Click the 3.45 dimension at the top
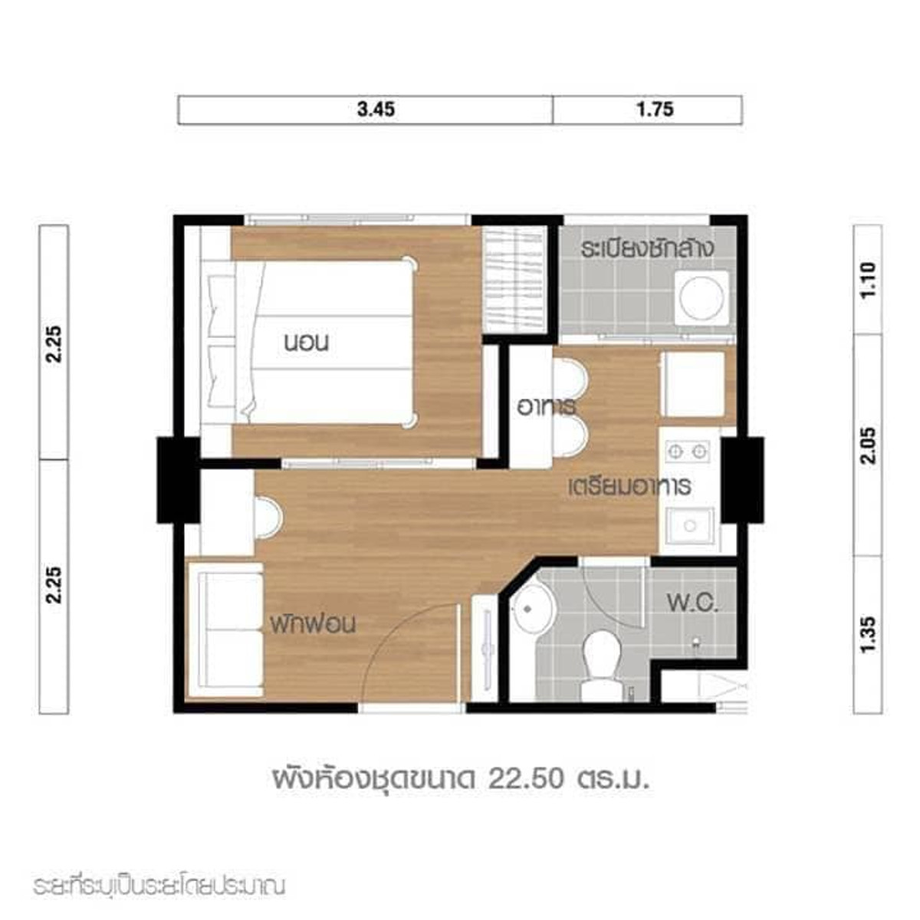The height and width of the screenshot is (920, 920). pyautogui.click(x=376, y=110)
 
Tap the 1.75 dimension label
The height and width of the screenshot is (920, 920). pyautogui.click(x=655, y=110)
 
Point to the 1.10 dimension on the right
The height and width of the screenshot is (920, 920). pyautogui.click(x=867, y=280)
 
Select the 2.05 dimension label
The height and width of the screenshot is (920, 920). pyautogui.click(x=867, y=445)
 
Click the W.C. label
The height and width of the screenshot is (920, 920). pyautogui.click(x=693, y=604)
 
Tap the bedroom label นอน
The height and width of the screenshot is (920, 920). pyautogui.click(x=306, y=343)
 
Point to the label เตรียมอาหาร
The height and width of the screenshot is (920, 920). pyautogui.click(x=630, y=486)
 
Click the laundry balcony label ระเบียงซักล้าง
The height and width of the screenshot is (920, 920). pyautogui.click(x=647, y=248)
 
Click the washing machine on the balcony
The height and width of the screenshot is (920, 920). pyautogui.click(x=701, y=299)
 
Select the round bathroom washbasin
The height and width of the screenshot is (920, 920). pyautogui.click(x=531, y=609)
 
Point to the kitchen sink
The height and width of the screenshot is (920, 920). pyautogui.click(x=690, y=526)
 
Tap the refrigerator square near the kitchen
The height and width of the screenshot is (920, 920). pyautogui.click(x=693, y=384)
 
